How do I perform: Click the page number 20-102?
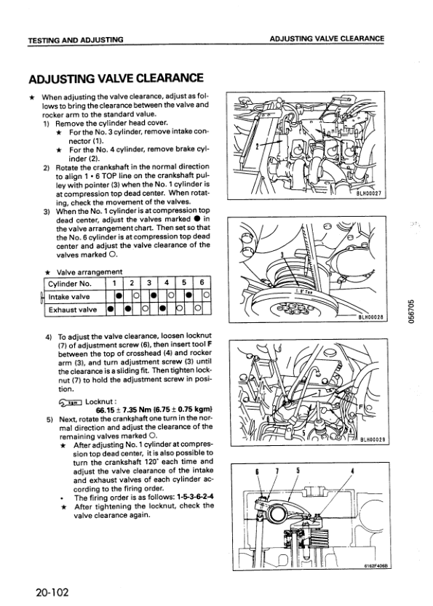point(52,592)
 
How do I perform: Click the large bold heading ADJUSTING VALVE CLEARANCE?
point(116,78)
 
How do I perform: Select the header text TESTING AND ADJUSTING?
point(76,39)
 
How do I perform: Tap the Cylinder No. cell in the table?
point(70,284)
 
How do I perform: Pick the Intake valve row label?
point(69,297)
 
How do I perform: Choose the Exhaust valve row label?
point(73,310)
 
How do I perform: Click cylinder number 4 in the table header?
point(167,283)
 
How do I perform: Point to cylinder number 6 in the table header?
point(202,283)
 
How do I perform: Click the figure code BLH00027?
point(369,194)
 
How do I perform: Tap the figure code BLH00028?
point(370,317)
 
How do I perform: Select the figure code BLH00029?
point(373,439)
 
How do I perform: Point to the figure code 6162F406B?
point(376,565)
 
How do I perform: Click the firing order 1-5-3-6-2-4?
point(195,497)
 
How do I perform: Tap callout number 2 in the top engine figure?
point(257,147)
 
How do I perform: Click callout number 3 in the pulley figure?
point(282,255)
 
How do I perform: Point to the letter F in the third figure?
point(361,407)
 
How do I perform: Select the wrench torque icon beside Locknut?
point(71,402)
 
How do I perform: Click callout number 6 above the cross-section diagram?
point(257,471)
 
